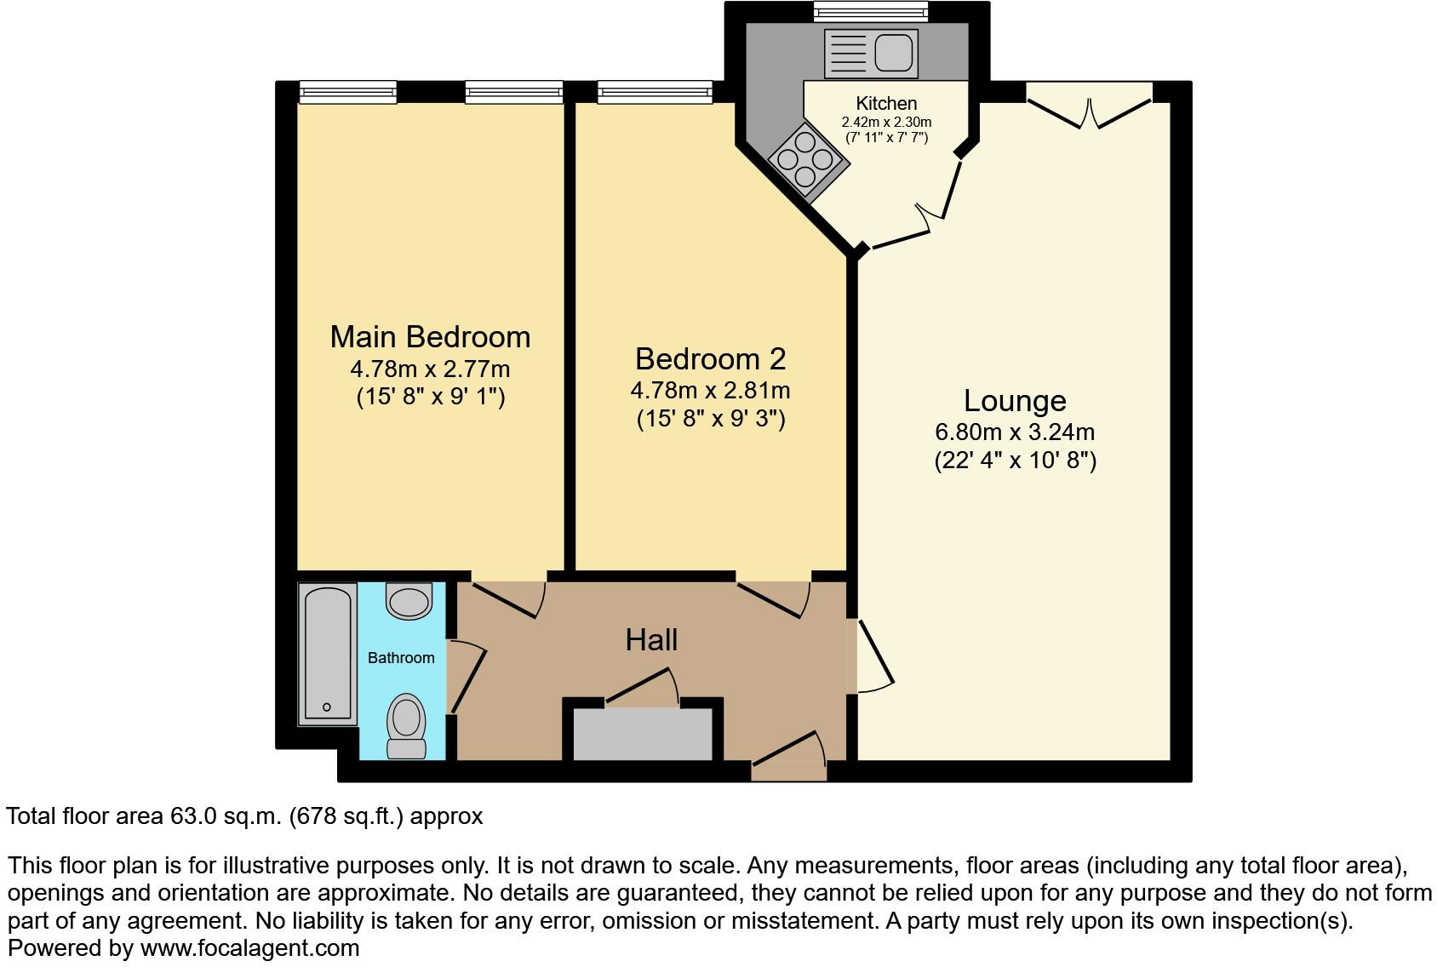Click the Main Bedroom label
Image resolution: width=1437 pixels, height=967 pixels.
click(x=430, y=337)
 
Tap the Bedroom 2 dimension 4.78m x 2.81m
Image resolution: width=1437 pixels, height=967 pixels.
click(x=710, y=391)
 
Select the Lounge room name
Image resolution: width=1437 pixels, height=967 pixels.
click(x=1014, y=400)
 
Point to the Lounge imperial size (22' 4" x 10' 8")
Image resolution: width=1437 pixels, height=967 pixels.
click(x=1015, y=461)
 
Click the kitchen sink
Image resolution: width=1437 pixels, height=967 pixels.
click(x=871, y=53)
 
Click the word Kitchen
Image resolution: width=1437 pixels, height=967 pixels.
click(x=886, y=103)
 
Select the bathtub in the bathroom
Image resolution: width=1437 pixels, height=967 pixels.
click(x=327, y=653)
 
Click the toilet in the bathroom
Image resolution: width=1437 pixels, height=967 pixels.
click(x=407, y=725)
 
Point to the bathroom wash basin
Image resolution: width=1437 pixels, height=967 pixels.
click(x=409, y=600)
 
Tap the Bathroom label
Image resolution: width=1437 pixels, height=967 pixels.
click(x=401, y=658)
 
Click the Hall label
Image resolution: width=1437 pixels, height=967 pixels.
click(x=651, y=640)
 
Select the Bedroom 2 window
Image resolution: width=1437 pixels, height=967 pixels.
click(x=655, y=91)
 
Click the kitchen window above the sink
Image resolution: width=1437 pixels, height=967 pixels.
click(x=869, y=11)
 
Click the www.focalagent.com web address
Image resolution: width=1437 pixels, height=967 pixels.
click(x=249, y=948)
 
